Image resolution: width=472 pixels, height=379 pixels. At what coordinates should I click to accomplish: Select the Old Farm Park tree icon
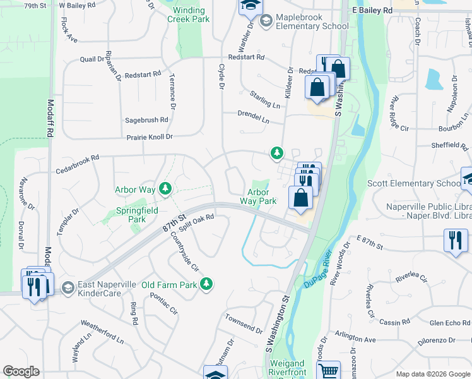[x=206, y=285]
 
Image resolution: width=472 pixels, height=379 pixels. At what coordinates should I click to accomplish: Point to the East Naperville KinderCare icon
[x=68, y=288]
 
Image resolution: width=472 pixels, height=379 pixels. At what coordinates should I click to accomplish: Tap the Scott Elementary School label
[x=415, y=184]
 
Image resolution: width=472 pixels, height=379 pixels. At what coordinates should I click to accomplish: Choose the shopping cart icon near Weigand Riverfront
[x=328, y=371]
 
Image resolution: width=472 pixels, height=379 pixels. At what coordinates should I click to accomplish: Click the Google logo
[x=21, y=371]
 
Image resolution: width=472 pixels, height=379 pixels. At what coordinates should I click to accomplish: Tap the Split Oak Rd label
[x=197, y=223]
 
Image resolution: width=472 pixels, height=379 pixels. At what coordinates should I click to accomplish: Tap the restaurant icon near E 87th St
[x=456, y=241]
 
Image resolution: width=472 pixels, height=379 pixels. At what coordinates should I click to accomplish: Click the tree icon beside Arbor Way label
[x=165, y=188]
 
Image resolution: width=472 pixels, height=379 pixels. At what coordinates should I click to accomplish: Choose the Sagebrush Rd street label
[x=147, y=119]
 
